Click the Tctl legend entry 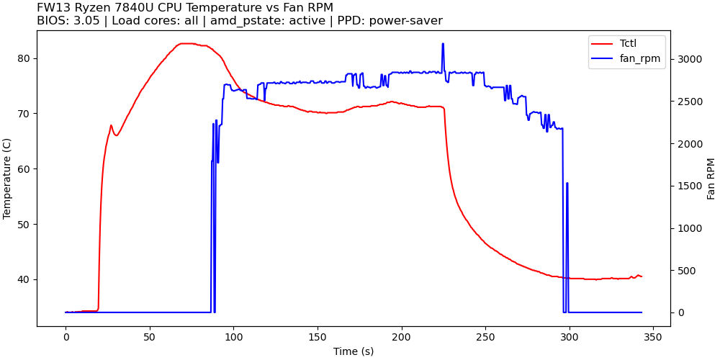tap(628, 43)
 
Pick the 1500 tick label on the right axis tap(686, 186)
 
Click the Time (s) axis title tap(354, 351)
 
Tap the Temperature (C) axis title tap(8, 179)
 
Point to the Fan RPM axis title tap(711, 179)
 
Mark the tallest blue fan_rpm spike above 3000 tap(443, 44)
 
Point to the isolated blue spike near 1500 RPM tap(567, 184)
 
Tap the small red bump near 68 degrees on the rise tap(111, 125)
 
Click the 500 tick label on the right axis tap(683, 271)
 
